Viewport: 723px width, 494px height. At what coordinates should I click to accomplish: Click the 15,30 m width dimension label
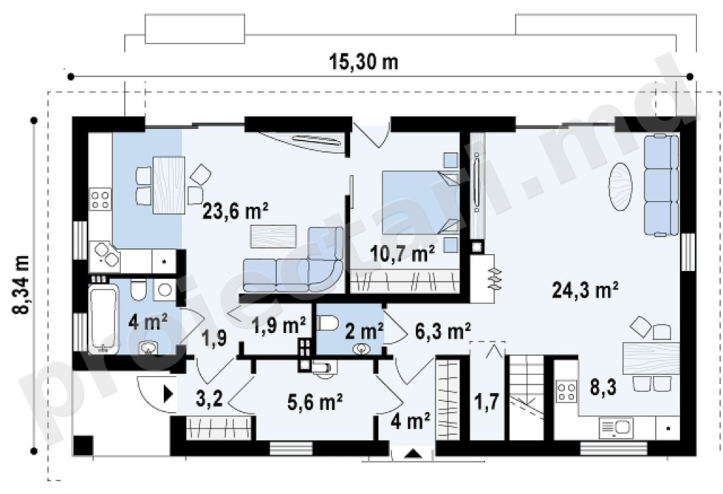pos(364,61)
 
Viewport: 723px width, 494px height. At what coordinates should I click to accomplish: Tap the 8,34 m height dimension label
pos(21,284)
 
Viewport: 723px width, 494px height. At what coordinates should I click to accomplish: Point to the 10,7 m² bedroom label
pos(402,253)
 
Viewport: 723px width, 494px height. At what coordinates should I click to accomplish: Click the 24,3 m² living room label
pos(585,290)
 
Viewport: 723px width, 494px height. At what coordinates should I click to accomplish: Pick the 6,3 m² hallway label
pos(443,330)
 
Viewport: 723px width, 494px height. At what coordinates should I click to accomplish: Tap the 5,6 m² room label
pos(315,402)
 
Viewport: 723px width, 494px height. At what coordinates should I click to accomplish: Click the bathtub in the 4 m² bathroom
pos(103,319)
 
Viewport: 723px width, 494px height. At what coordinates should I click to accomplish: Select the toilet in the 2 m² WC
pos(328,323)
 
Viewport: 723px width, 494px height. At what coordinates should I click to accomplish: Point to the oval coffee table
pos(620,186)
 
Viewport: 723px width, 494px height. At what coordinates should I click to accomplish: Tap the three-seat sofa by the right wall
pos(661,185)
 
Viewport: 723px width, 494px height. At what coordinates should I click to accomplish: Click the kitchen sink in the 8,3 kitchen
pos(616,428)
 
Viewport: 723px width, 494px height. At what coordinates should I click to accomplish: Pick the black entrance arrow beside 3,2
pos(168,394)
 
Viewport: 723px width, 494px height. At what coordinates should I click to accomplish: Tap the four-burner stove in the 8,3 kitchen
pos(567,391)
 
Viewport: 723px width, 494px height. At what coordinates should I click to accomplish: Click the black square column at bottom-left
pos(83,445)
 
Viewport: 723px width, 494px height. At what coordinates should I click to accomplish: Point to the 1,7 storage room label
pos(487,402)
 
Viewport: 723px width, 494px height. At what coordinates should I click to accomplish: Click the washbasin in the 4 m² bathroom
pos(148,347)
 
